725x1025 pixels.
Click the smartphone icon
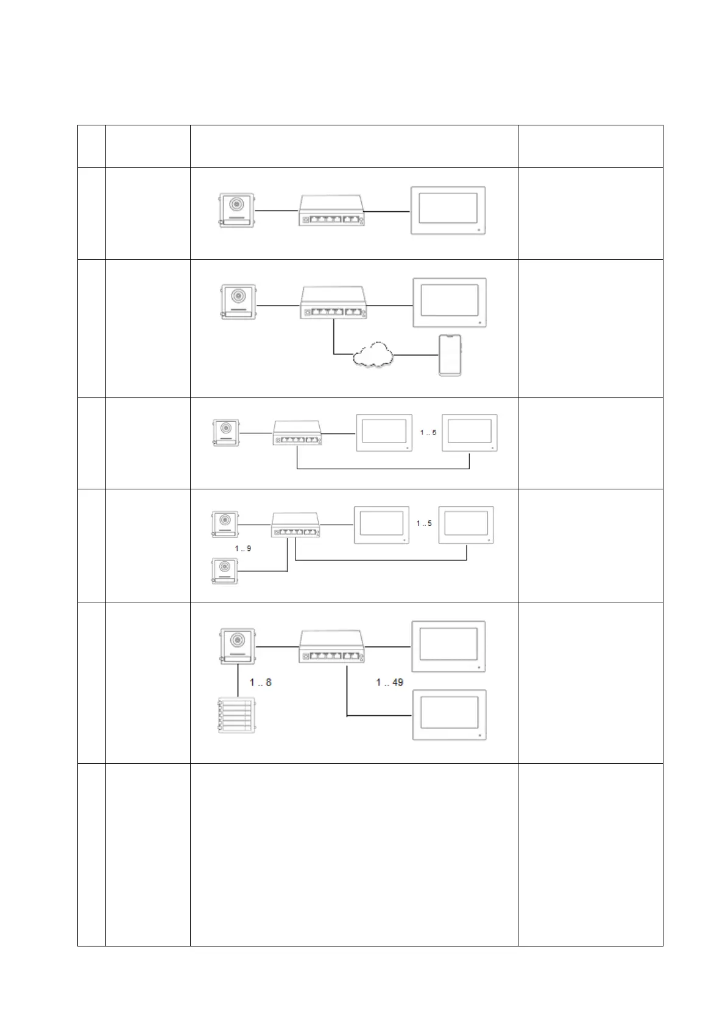coord(450,355)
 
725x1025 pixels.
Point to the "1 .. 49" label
coord(389,682)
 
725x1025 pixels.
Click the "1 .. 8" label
coord(260,682)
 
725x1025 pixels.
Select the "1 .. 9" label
coord(243,548)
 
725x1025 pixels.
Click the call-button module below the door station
coord(235,716)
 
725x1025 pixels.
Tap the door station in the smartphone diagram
coord(238,303)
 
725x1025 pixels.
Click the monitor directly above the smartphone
coord(450,303)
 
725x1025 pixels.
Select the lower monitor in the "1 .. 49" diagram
coord(449,715)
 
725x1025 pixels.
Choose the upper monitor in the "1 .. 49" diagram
coord(449,646)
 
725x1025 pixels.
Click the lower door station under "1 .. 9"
coord(225,572)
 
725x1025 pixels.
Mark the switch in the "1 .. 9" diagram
coord(295,525)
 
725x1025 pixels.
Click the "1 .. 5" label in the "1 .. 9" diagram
coord(424,523)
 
